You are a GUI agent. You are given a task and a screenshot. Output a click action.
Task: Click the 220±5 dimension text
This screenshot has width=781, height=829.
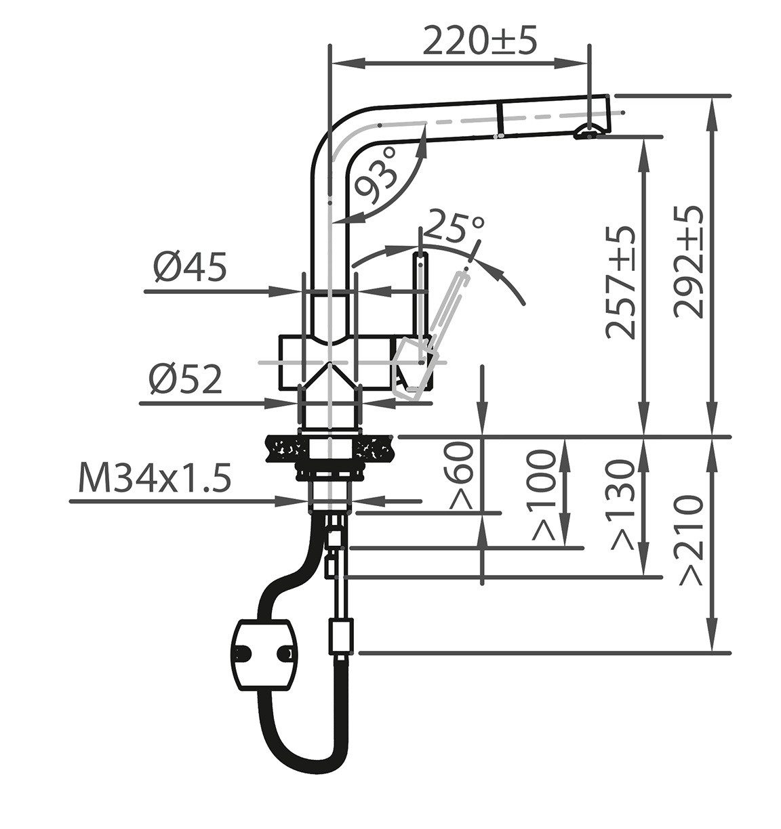(x=479, y=41)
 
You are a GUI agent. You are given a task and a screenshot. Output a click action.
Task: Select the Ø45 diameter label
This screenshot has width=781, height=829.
(x=190, y=267)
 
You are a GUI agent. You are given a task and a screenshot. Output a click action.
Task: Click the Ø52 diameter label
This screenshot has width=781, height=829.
(x=186, y=379)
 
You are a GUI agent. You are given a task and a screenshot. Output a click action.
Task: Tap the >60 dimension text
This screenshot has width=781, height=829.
(x=461, y=475)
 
